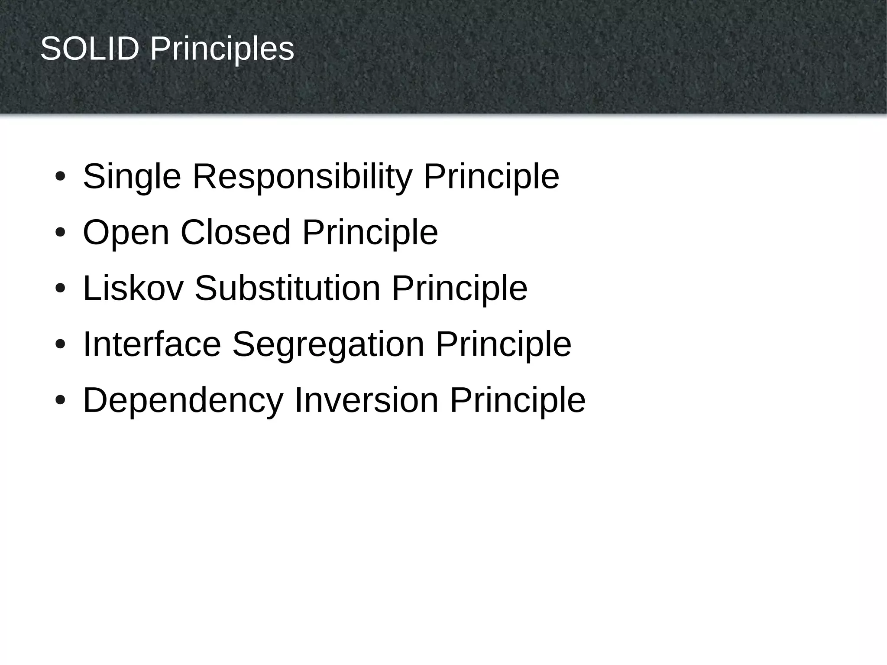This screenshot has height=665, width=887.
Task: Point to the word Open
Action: (126, 233)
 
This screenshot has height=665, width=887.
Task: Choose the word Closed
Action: (235, 232)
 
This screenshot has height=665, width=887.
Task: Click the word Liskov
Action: (133, 288)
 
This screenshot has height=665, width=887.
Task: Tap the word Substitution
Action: (288, 288)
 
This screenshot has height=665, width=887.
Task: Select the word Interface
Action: (152, 344)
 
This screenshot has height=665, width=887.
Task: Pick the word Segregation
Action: (328, 345)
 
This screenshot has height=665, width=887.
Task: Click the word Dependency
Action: (183, 401)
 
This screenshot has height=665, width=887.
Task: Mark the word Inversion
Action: (366, 400)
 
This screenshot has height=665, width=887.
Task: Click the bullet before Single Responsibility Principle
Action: (60, 177)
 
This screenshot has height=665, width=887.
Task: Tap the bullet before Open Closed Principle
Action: (60, 233)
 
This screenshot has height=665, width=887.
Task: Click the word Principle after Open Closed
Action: (370, 233)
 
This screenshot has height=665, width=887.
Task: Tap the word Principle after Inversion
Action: (518, 401)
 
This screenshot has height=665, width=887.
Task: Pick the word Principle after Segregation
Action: (503, 345)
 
